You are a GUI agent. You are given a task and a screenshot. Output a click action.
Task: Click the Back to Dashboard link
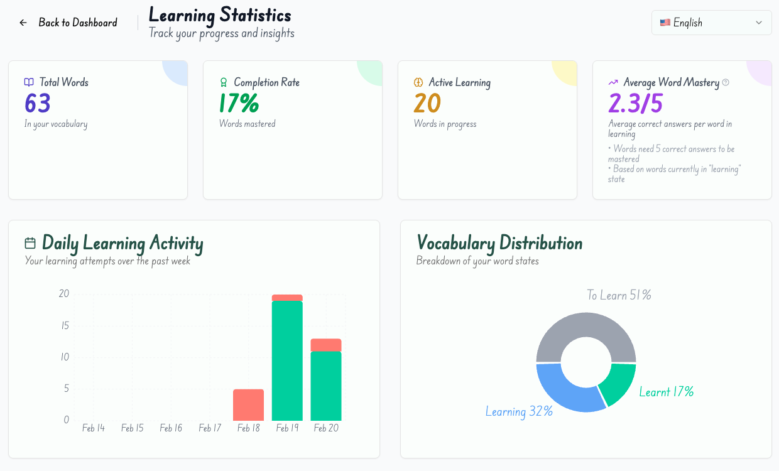68,23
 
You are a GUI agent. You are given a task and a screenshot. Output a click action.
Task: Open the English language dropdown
711,23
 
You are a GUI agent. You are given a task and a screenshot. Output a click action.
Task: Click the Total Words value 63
38,103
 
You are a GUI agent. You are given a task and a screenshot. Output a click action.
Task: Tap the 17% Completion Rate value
239,103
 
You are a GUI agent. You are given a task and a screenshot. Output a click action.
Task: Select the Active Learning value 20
427,103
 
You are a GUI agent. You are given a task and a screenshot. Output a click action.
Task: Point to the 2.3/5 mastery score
635,103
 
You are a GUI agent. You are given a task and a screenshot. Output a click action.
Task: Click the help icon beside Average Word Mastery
726,82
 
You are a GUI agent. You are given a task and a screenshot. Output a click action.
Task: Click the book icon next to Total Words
29,82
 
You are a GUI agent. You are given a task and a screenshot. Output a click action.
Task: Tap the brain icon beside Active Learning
418,82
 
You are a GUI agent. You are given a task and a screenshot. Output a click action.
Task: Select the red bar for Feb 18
248,405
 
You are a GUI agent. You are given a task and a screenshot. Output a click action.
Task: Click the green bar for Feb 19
287,361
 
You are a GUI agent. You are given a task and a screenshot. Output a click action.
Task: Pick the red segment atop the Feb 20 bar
326,345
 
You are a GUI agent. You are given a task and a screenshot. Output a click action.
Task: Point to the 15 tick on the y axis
64,325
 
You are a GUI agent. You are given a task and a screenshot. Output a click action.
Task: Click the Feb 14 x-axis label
93,428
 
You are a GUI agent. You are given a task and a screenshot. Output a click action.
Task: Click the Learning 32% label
519,411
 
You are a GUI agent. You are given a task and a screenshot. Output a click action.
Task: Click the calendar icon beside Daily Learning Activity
30,243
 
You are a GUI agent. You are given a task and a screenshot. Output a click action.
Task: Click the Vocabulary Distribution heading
499,243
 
